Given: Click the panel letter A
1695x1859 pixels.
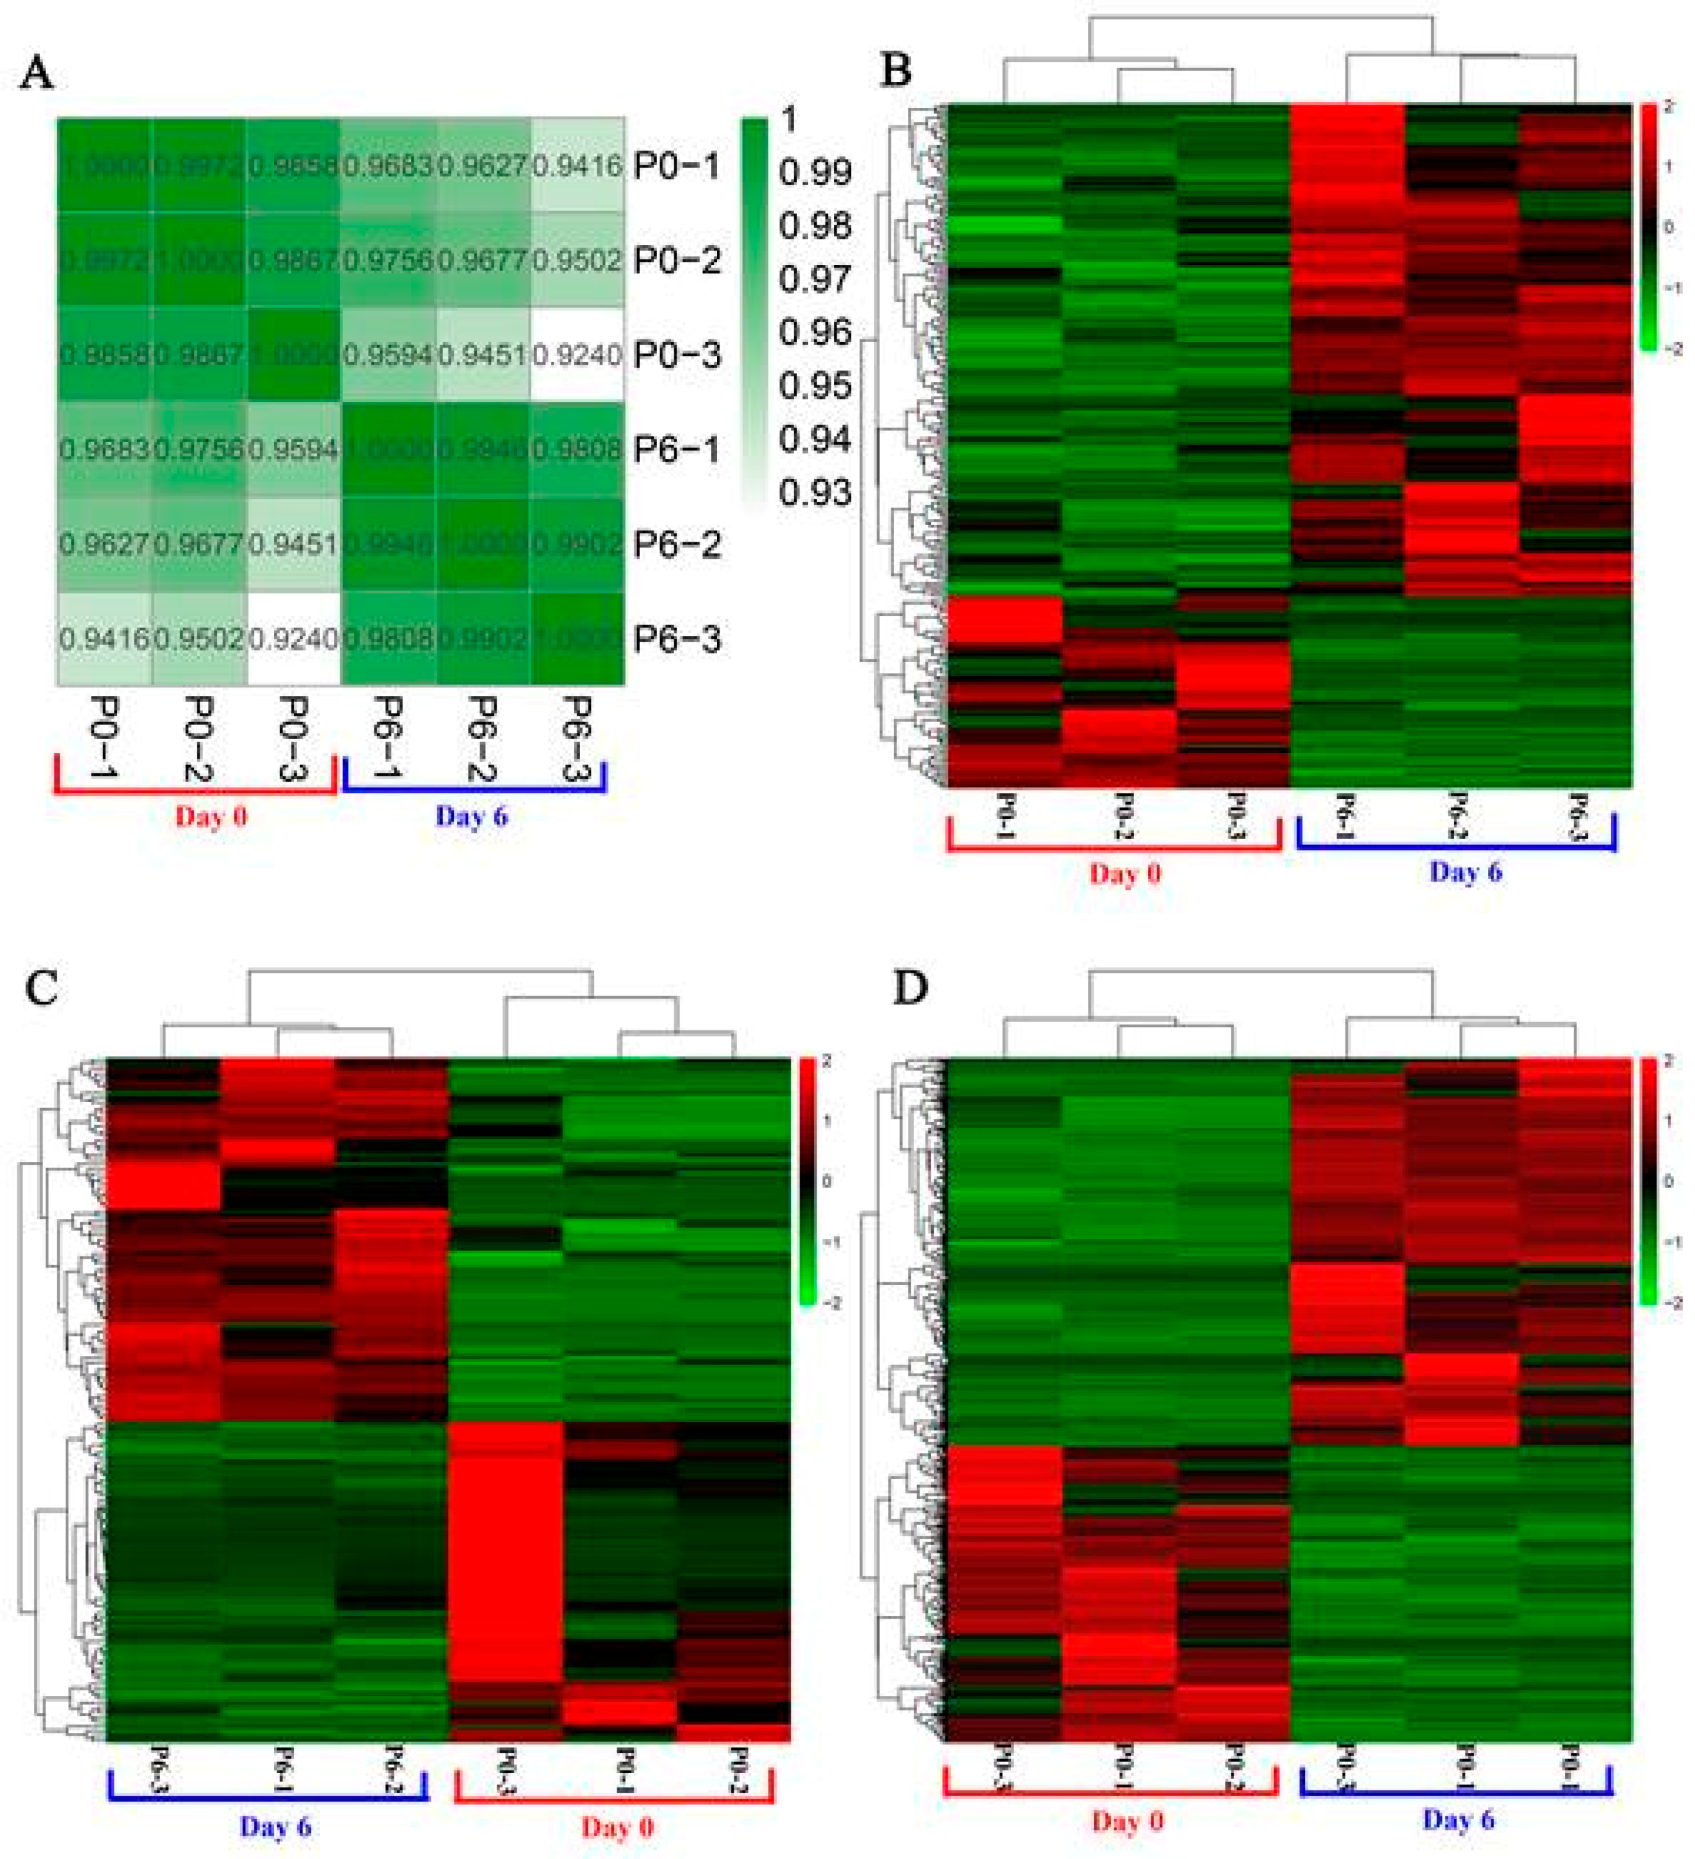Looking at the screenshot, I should [37, 72].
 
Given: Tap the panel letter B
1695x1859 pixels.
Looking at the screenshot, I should [897, 70].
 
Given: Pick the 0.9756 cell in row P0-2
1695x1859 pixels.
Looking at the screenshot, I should [388, 260].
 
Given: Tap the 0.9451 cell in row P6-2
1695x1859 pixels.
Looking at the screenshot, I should [293, 544].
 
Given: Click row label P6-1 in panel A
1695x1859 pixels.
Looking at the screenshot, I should [677, 450].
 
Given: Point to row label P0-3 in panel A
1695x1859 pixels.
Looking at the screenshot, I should [677, 355].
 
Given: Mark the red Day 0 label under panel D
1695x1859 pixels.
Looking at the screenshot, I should [1127, 1821].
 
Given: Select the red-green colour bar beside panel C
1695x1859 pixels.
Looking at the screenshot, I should [807, 1181].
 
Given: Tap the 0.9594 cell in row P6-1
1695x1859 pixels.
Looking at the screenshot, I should [293, 450].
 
